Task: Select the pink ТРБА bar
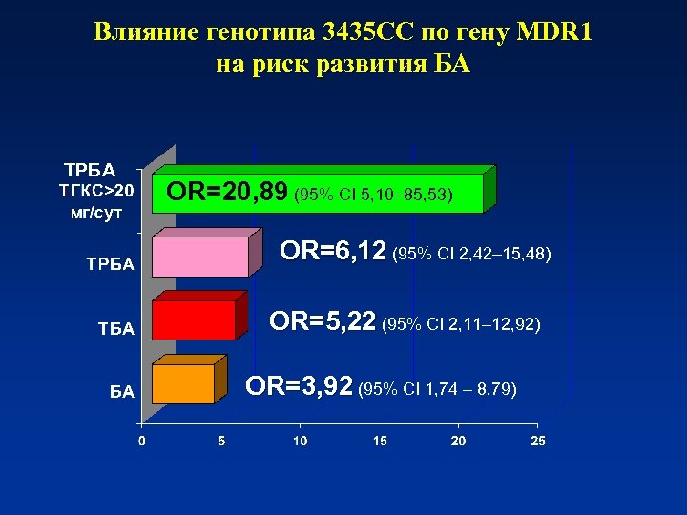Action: (x=205, y=257)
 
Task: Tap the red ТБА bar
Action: (x=194, y=320)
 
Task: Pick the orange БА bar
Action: (x=183, y=383)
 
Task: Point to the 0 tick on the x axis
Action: (x=141, y=442)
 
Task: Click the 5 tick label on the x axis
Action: (x=221, y=442)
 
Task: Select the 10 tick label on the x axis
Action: (x=301, y=442)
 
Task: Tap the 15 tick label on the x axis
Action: (x=380, y=442)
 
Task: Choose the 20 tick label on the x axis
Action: (x=459, y=442)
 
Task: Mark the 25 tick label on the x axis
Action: (x=538, y=442)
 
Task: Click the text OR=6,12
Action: (x=333, y=252)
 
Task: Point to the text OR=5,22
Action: (x=322, y=322)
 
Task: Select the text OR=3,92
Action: (x=299, y=387)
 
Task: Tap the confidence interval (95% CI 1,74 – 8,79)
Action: (x=437, y=389)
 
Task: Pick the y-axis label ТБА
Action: (x=115, y=329)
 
